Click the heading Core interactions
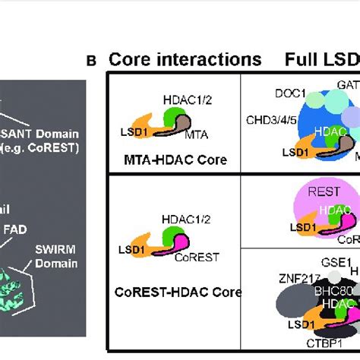pos(185,59)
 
